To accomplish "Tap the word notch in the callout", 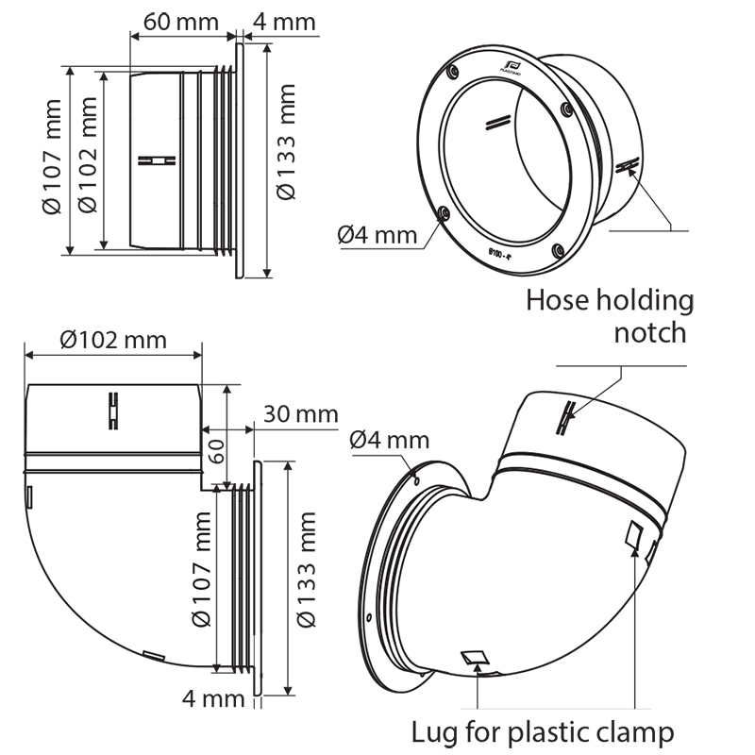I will tap(650, 332).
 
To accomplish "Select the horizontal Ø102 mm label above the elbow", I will tap(109, 339).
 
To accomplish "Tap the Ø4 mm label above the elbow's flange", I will tap(389, 440).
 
